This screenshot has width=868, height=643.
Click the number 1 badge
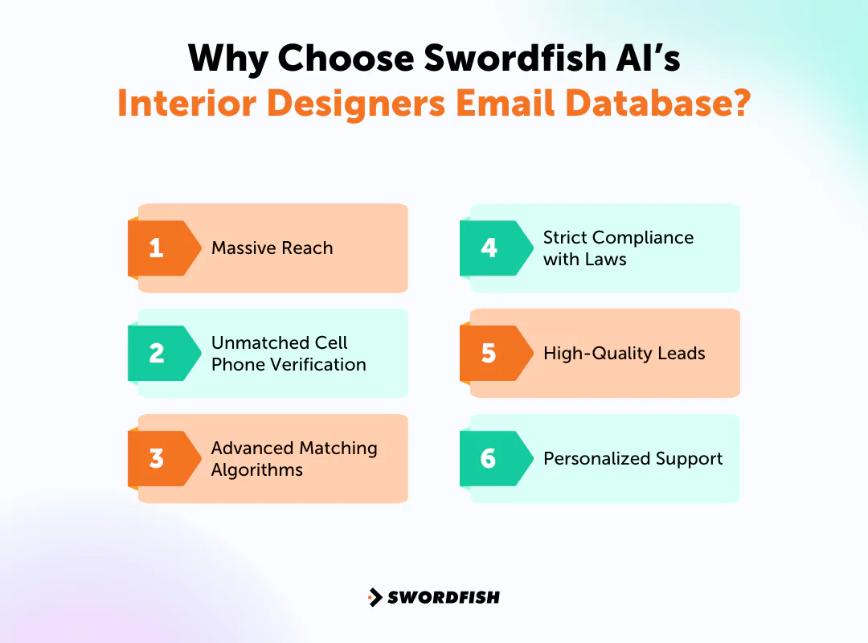[157, 248]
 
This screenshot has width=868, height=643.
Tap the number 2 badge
[157, 353]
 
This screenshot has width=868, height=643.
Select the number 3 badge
[157, 458]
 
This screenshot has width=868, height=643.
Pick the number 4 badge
[489, 248]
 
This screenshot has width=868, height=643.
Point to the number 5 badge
[489, 353]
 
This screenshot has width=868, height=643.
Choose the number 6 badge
[489, 458]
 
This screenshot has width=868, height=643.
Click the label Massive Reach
[272, 248]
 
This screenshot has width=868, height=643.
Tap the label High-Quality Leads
[624, 354]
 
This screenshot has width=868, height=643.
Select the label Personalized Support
[633, 459]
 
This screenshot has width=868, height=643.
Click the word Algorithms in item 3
[257, 469]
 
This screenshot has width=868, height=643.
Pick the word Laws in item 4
[607, 259]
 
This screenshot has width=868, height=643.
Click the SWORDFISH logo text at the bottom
[443, 597]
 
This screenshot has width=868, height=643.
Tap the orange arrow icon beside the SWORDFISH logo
[375, 597]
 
